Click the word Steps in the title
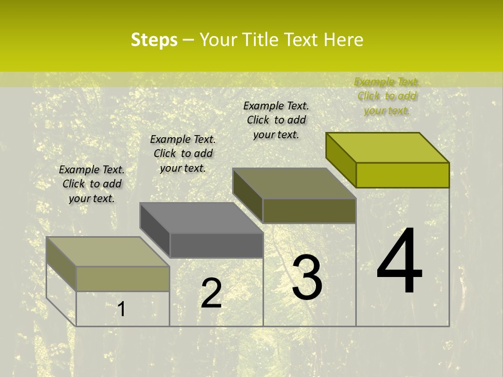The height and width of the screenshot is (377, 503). pos(154,40)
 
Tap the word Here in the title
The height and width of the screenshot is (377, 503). pos(343,40)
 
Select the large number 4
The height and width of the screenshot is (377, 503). pos(400,261)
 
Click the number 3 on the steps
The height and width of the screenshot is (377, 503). pos(307,278)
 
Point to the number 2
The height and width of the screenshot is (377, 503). pos(211,293)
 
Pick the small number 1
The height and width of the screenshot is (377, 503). pos(122,309)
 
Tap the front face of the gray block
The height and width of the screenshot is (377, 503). pos(216,246)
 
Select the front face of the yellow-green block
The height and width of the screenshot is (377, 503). pos(402,175)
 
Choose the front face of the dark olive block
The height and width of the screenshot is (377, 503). pos(309,210)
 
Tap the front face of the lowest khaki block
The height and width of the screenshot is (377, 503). pos(123,279)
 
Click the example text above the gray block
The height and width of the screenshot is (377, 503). pos(183,153)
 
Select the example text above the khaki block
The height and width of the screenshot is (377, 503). pos(92,184)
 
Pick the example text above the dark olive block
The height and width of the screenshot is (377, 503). pos(276,120)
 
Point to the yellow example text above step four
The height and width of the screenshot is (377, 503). pos(387,96)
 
